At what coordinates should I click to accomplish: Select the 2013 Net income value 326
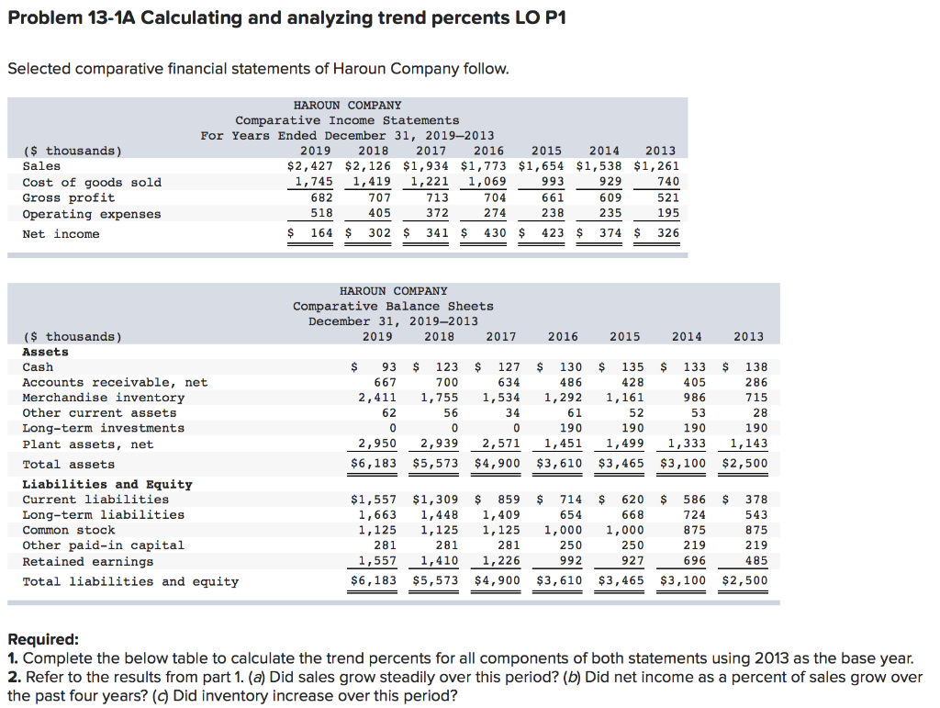[x=667, y=233]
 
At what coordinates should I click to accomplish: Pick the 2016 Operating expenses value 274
[x=495, y=214]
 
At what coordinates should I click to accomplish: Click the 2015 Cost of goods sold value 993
[x=552, y=182]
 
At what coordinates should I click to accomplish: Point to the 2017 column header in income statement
[x=431, y=151]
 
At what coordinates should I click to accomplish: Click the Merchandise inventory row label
[x=103, y=398]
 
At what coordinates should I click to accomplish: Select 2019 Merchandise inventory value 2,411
[x=377, y=398]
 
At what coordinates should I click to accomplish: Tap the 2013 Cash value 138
[x=756, y=367]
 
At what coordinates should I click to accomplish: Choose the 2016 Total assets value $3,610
[x=559, y=464]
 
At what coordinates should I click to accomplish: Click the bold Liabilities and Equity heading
[x=107, y=484]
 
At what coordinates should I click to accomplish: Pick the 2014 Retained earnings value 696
[x=693, y=561]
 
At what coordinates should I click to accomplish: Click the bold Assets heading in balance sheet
[x=45, y=352]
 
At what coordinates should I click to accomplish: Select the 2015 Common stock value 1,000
[x=624, y=530]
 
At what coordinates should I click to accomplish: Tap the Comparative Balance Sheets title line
[x=393, y=306]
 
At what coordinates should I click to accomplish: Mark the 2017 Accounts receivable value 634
[x=504, y=382]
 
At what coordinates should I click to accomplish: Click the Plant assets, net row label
[x=88, y=444]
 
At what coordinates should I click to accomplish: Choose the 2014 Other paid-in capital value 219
[x=693, y=545]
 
